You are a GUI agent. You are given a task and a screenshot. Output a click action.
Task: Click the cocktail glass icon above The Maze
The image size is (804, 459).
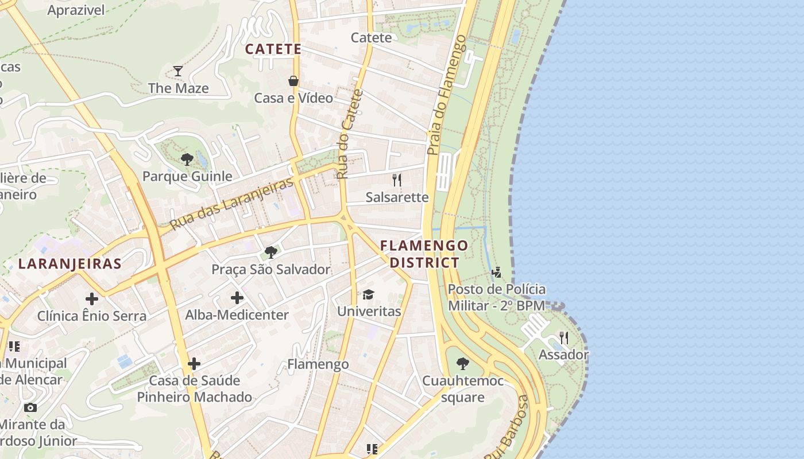coord(178,71)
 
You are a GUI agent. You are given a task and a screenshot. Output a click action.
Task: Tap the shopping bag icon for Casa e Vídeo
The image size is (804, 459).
coord(293,81)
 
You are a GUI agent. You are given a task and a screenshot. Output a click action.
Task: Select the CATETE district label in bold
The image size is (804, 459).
coord(273,49)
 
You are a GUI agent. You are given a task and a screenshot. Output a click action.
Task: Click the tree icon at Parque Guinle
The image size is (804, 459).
coord(187,160)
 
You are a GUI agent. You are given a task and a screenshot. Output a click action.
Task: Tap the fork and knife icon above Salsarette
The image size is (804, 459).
coord(397,180)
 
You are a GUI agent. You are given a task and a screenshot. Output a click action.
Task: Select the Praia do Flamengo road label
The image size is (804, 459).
coord(446,95)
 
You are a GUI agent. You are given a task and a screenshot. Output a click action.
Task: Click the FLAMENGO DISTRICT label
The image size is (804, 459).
coord(424,254)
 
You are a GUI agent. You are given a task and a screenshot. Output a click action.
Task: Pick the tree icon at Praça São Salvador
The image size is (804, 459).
coord(270,252)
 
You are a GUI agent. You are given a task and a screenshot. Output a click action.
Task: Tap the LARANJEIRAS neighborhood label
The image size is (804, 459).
coord(69,264)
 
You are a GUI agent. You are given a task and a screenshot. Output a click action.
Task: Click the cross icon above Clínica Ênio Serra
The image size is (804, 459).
coord(92,299)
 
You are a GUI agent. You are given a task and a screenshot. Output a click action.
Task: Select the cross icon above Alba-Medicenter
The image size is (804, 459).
coord(237,298)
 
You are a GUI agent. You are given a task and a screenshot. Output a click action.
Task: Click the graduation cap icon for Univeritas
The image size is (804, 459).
coord(368,295)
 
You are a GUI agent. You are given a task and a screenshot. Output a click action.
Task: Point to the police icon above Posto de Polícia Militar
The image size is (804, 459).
coord(497,272)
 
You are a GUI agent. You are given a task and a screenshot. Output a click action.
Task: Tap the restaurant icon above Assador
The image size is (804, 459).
coord(564,338)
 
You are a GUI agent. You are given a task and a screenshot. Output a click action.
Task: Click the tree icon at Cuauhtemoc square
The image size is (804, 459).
coord(462,364)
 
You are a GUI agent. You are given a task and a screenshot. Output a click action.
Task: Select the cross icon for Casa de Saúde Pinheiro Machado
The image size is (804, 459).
coord(194,364)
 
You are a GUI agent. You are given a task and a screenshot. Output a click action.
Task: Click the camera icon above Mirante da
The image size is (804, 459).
coord(30,408)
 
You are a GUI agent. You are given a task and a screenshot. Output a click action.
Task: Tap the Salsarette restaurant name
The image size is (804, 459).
coord(397,197)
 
